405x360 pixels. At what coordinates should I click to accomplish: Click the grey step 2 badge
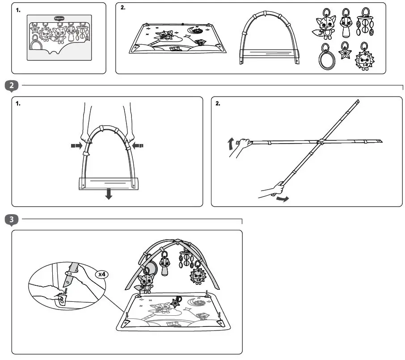click(x=12, y=86)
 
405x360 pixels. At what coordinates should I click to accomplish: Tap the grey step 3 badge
click(x=12, y=220)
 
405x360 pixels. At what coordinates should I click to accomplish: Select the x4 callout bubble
click(x=102, y=274)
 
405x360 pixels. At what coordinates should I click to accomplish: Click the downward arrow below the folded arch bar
click(x=108, y=194)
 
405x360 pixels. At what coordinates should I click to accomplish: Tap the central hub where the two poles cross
click(x=320, y=142)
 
